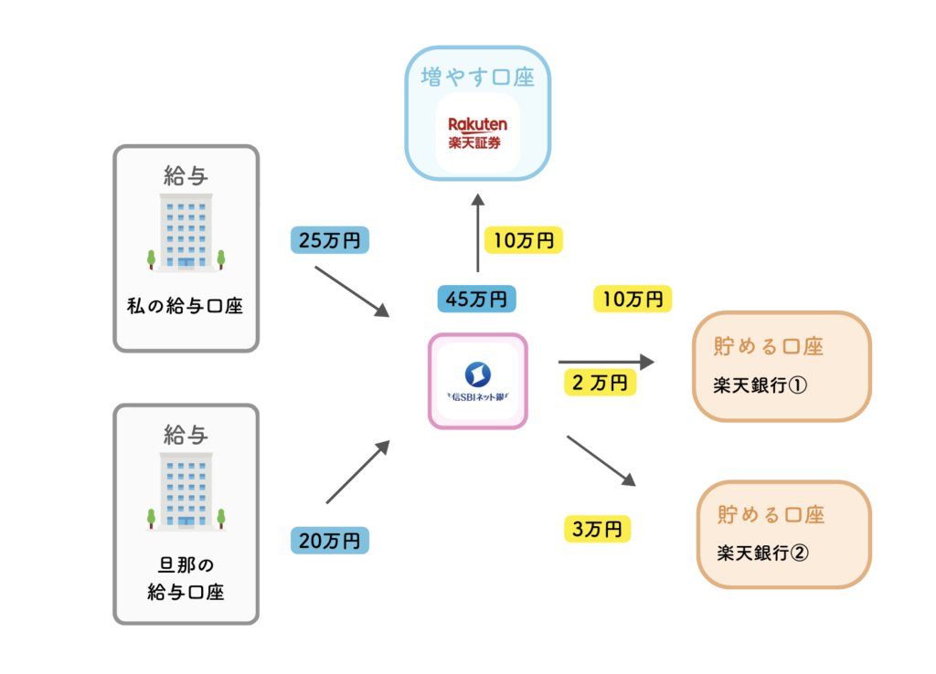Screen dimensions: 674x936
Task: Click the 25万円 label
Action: (330, 240)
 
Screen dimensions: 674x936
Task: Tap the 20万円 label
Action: (330, 540)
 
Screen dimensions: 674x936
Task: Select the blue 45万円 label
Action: (476, 299)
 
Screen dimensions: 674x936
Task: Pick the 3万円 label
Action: (597, 527)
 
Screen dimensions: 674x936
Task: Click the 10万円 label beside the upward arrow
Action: (524, 240)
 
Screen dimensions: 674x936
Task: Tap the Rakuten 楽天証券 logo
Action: (477, 132)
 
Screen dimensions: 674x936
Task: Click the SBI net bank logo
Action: (478, 381)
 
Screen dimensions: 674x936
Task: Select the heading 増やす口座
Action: (477, 77)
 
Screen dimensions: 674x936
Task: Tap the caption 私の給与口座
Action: (186, 306)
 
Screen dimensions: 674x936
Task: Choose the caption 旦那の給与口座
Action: (186, 579)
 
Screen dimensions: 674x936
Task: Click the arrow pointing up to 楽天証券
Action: (477, 233)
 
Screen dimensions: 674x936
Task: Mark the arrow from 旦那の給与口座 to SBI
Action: (357, 472)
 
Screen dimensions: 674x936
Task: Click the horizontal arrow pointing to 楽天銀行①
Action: (606, 363)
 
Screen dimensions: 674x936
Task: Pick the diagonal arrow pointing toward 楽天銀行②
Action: (601, 460)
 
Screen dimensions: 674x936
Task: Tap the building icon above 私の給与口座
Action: (186, 233)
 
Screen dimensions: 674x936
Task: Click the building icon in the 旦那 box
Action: (186, 492)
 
